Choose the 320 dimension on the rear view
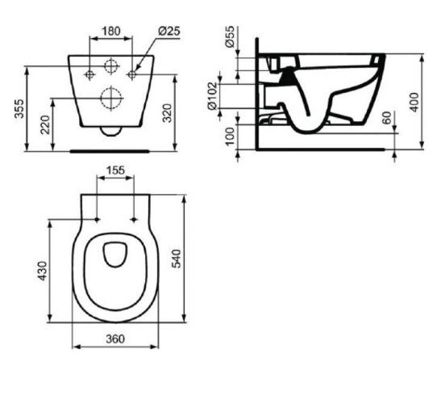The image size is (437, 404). (x=189, y=113)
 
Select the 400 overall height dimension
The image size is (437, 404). (x=416, y=102)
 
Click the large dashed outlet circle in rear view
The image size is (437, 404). (x=109, y=99)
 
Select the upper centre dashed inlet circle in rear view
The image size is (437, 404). (x=109, y=66)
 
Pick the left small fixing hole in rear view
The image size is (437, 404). (x=87, y=75)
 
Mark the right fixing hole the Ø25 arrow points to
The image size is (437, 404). (x=132, y=75)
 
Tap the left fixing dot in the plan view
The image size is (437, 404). (x=98, y=219)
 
